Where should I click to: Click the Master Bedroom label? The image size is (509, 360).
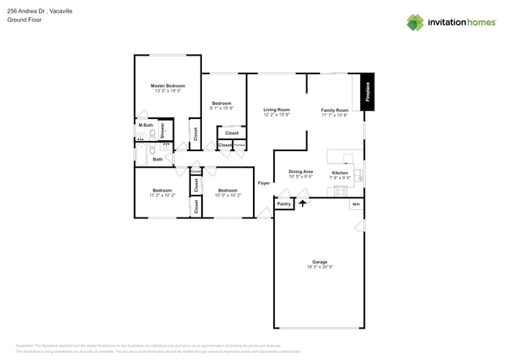(x=168, y=85)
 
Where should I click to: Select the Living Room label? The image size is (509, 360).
(x=276, y=110)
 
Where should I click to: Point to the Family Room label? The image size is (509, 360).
(x=334, y=110)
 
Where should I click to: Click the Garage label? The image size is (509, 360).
(x=319, y=262)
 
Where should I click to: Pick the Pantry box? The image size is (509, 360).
(x=283, y=204)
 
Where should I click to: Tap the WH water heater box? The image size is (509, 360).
(x=355, y=204)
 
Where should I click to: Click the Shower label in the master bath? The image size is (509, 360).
(x=162, y=130)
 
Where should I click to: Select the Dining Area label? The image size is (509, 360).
(x=301, y=171)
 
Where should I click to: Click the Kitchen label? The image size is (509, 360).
(x=340, y=172)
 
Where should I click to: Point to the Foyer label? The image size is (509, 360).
(x=265, y=183)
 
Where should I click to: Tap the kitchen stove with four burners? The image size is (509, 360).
(x=341, y=190)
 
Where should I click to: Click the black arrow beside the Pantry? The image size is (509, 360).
(x=301, y=203)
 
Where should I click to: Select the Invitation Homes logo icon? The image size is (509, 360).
(x=414, y=23)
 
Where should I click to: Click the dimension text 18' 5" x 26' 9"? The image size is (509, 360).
(x=319, y=268)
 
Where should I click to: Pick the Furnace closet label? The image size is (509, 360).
(x=240, y=145)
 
